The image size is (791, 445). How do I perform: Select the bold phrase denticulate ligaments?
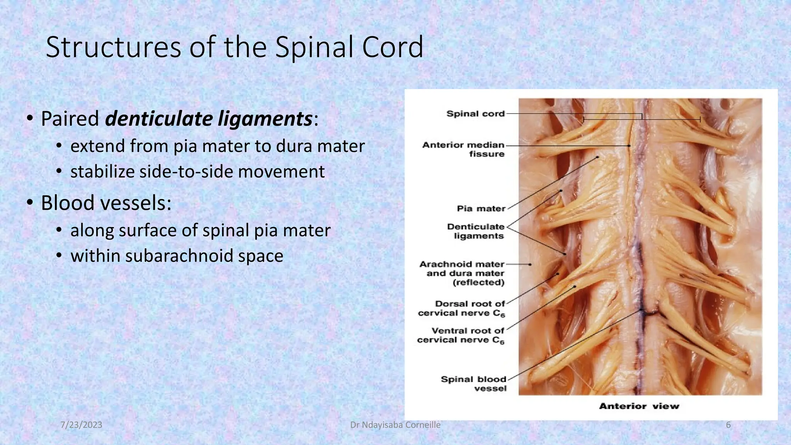[209, 119]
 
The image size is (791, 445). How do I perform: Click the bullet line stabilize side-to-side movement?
[197, 172]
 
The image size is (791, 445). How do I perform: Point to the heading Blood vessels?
[106, 203]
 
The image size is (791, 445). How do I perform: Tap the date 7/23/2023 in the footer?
[81, 425]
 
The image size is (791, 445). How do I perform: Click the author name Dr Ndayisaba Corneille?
[395, 425]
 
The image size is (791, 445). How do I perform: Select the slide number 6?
[728, 425]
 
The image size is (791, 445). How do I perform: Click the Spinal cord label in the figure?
[475, 114]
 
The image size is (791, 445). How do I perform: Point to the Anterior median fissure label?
[464, 149]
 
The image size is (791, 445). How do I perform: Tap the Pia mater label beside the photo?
[481, 209]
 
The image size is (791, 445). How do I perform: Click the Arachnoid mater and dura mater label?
[462, 273]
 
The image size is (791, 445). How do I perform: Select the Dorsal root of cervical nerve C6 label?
[462, 309]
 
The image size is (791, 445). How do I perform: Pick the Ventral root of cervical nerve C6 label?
[461, 335]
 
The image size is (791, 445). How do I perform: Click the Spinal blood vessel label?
[474, 384]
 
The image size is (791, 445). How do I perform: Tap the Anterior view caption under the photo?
[639, 406]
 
